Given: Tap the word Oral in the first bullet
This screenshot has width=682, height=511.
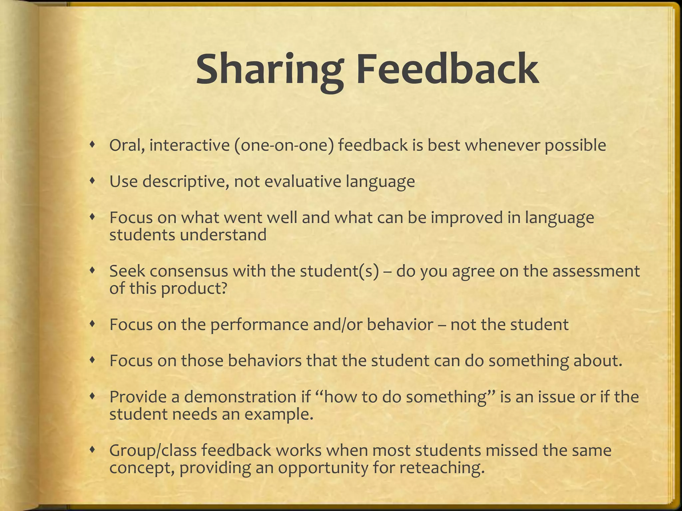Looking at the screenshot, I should (x=127, y=146).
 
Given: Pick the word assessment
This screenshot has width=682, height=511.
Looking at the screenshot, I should (x=596, y=271).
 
